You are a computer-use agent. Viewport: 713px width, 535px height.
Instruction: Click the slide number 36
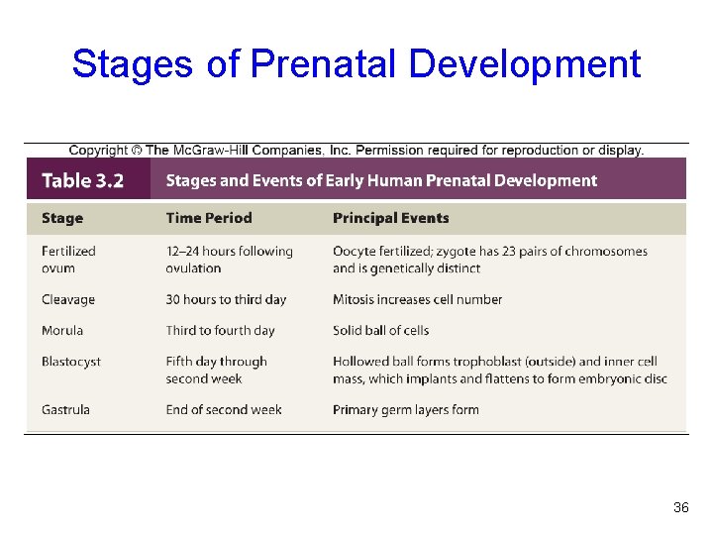pos(680,508)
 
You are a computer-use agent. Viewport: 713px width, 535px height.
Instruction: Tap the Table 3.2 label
pos(83,181)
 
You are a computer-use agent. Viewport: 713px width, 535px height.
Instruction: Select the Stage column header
pos(62,218)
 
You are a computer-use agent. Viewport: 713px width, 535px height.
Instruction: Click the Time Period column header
pos(209,218)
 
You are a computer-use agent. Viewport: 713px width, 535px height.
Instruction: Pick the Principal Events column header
pos(390,218)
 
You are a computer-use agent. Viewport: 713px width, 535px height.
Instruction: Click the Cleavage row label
pos(68,299)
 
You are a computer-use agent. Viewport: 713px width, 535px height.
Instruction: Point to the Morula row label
pos(62,330)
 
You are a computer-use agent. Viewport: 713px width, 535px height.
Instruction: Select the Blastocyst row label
pos(71,362)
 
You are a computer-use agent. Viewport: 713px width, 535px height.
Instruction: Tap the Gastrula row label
pos(65,409)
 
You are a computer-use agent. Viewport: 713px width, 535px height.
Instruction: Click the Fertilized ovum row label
pos(68,260)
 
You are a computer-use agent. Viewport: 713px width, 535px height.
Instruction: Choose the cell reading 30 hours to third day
pos(226,299)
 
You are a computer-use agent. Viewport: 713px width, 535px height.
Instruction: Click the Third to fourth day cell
pos(220,330)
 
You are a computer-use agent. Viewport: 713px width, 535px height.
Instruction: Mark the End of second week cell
pos(224,409)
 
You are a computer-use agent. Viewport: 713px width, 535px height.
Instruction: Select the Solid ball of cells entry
pos(381,330)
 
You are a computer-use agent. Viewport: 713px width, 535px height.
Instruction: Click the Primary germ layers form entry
pos(405,409)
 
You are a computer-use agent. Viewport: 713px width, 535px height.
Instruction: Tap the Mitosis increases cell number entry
pos(417,299)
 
